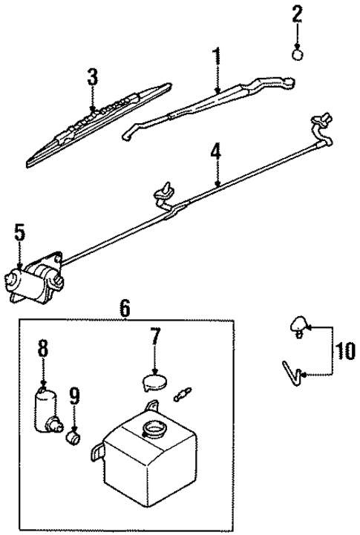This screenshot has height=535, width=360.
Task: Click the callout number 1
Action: [x=217, y=56]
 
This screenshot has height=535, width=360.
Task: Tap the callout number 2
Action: [x=298, y=13]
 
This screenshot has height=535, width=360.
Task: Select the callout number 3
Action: [x=92, y=76]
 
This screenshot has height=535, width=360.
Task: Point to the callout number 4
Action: [x=215, y=153]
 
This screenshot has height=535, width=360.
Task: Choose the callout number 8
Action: [x=43, y=347]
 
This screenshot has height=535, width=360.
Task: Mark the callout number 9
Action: [x=73, y=395]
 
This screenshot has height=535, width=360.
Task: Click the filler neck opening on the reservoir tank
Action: [x=156, y=428]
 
